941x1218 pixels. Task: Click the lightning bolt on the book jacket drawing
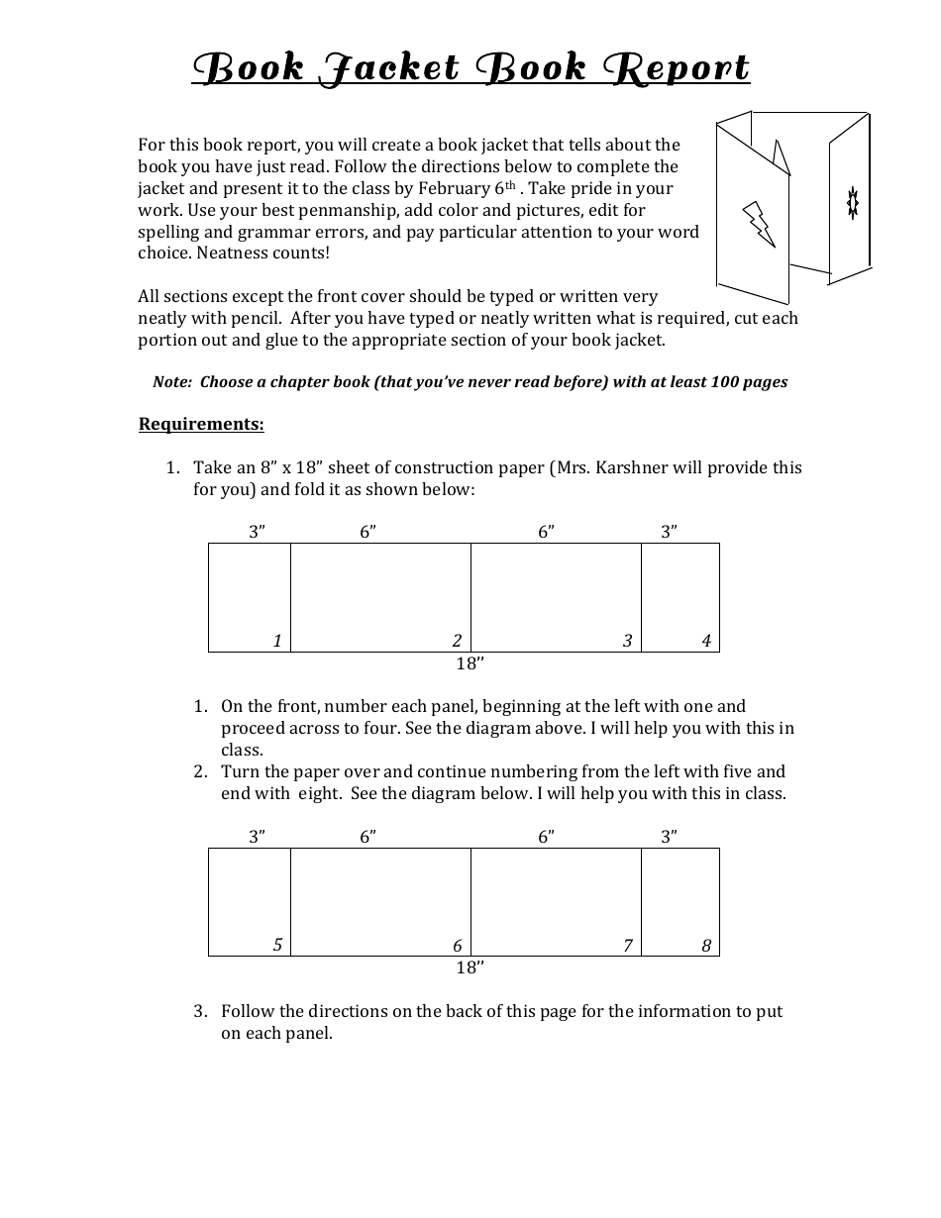pyautogui.click(x=759, y=224)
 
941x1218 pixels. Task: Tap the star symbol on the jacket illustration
pyautogui.click(x=851, y=202)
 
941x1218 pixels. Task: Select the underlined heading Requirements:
pyautogui.click(x=201, y=425)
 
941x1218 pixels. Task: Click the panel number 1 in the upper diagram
pyautogui.click(x=277, y=641)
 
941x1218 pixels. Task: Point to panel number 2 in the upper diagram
pyautogui.click(x=457, y=641)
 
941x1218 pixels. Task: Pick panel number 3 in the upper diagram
pyautogui.click(x=627, y=641)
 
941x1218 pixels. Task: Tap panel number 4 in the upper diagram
pyautogui.click(x=706, y=641)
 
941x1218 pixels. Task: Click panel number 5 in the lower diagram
pyautogui.click(x=277, y=945)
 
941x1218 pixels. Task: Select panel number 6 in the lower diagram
pyautogui.click(x=457, y=946)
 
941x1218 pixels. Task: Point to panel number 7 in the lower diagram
pyautogui.click(x=627, y=946)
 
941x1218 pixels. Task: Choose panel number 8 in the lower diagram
pyautogui.click(x=706, y=946)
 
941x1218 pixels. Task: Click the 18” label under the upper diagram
pyautogui.click(x=470, y=664)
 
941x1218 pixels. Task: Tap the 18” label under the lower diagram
pyautogui.click(x=470, y=968)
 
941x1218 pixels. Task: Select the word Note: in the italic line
pyautogui.click(x=171, y=382)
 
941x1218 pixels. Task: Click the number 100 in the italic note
pyautogui.click(x=725, y=382)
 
